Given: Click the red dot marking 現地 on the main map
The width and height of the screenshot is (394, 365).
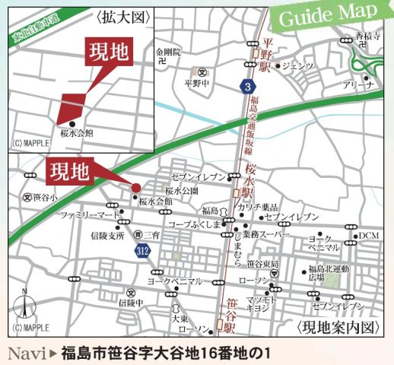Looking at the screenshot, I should pos(136,188).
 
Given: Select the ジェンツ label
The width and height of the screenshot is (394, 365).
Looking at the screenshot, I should pos(297,66).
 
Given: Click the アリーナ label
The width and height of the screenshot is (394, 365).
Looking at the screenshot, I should pos(358,85).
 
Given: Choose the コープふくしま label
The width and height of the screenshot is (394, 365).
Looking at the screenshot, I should pos(193,224).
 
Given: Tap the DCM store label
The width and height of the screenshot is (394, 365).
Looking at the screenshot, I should pos(369,235).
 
